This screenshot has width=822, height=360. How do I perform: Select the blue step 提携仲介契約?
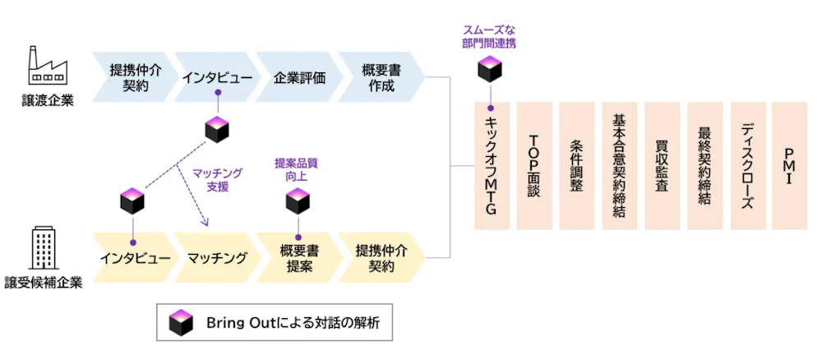pos(130,77)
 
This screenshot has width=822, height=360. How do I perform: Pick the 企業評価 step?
pos(298,77)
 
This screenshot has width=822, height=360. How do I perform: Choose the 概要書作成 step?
pos(380,77)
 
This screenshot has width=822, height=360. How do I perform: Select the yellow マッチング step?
pos(215,258)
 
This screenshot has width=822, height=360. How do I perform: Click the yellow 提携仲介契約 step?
pos(381,258)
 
